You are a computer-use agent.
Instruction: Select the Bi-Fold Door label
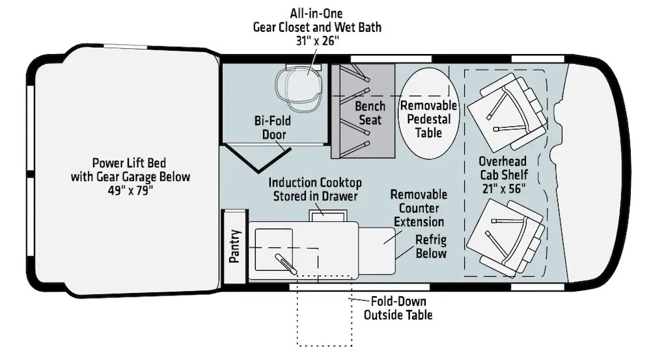click(273, 128)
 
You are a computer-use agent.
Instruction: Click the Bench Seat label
click(370, 113)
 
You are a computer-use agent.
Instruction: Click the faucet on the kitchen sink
click(286, 264)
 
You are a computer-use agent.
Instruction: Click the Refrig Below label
click(431, 247)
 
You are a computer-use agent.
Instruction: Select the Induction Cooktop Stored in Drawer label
click(314, 189)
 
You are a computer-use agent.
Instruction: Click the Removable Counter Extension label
click(419, 208)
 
